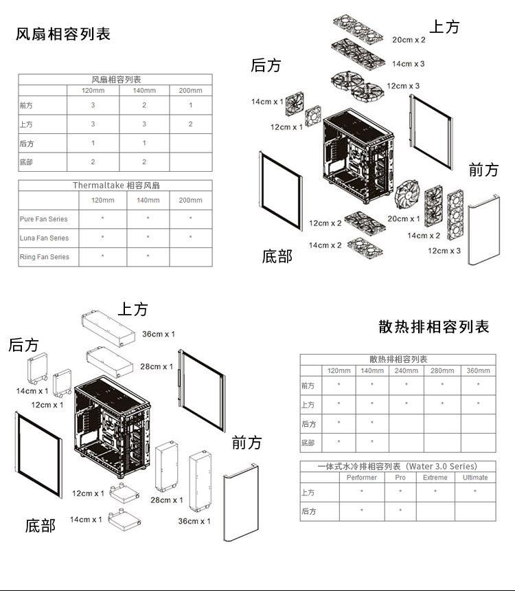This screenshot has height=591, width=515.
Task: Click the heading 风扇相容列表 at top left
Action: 63,34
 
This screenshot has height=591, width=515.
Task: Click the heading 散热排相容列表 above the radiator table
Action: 434,326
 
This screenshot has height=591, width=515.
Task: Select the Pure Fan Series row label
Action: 44,219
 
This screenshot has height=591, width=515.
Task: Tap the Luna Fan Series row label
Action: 45,238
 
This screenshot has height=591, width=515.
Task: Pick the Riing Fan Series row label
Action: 45,257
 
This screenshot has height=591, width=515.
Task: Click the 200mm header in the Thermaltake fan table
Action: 190,200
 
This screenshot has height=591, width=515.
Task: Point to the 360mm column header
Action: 478,371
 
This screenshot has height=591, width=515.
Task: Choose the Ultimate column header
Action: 475,478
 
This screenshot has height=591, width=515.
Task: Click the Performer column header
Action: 362,478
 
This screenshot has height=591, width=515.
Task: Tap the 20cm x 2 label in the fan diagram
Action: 409,40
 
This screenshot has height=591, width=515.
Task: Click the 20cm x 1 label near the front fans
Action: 403,219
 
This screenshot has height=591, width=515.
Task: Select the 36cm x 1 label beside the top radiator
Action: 158,334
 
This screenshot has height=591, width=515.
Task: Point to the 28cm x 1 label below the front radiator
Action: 167,500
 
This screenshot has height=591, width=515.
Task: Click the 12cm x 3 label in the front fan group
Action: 444,251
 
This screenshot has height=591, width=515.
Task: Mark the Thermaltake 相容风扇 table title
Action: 116,186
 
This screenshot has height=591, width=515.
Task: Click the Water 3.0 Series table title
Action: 398,467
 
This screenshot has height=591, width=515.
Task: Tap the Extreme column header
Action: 435,478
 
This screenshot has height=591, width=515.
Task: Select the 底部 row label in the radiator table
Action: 308,443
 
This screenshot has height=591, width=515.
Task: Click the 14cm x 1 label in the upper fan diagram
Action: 267,102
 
